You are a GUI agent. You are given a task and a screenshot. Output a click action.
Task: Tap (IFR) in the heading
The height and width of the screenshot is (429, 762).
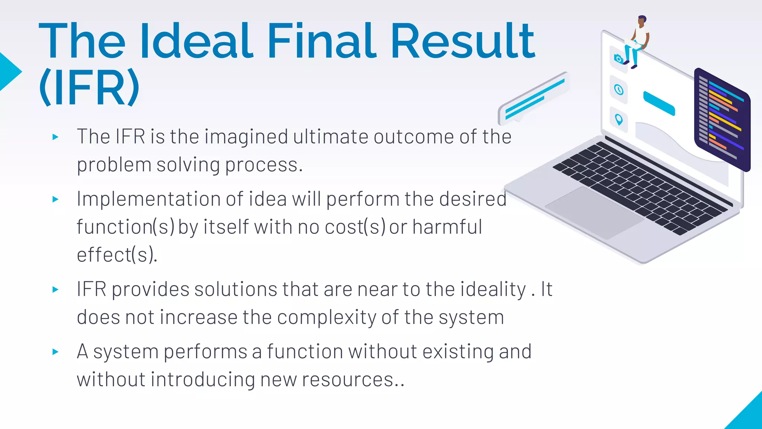pyautogui.click(x=89, y=88)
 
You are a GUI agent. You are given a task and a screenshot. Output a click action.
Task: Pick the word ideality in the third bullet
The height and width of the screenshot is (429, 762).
pyautogui.click(x=493, y=289)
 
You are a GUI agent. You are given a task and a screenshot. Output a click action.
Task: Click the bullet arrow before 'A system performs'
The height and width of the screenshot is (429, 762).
pyautogui.click(x=55, y=352)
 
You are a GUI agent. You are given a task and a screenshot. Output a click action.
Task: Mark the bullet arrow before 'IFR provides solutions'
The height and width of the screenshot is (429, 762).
pyautogui.click(x=55, y=289)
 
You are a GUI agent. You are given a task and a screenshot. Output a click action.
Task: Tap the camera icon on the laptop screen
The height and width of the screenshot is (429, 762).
pyautogui.click(x=618, y=59)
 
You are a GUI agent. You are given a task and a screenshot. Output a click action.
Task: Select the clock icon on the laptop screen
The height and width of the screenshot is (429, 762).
pyautogui.click(x=619, y=90)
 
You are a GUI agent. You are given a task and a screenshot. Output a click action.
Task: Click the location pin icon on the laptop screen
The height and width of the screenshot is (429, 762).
pyautogui.click(x=619, y=120)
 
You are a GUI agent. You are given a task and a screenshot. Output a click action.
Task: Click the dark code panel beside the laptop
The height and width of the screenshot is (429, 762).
pyautogui.click(x=722, y=119)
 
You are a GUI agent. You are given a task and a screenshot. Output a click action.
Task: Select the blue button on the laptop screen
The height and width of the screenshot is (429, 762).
pyautogui.click(x=659, y=103)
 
